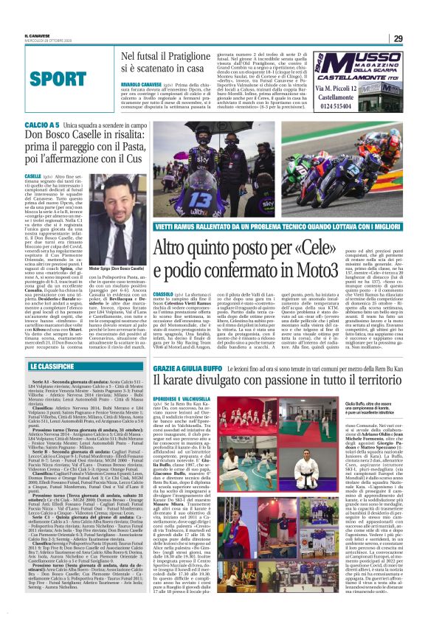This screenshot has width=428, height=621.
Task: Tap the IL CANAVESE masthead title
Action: pyautogui.click(x=36, y=34)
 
